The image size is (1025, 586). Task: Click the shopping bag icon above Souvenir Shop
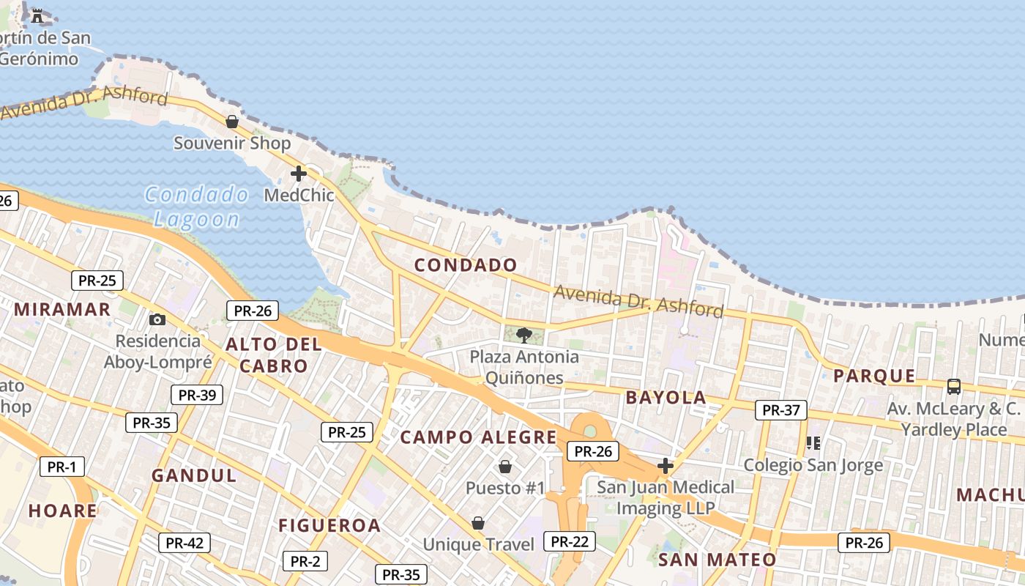(x=232, y=122)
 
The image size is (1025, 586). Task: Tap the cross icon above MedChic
(x=298, y=174)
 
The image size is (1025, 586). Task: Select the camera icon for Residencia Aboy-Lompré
(x=157, y=319)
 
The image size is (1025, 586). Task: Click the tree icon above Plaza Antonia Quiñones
(x=523, y=335)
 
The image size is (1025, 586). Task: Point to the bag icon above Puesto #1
(x=505, y=467)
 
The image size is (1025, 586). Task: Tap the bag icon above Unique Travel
(x=478, y=523)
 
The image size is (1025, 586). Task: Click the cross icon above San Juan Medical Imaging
(x=665, y=465)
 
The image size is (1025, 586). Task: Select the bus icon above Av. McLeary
(x=953, y=386)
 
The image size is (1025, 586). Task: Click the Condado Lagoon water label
(x=196, y=207)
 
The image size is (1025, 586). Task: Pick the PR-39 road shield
(x=197, y=395)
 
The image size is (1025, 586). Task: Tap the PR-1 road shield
(x=62, y=467)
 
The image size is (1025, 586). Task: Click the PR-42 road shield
(x=184, y=543)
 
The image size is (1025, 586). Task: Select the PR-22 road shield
(x=570, y=541)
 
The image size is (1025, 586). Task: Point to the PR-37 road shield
(x=781, y=410)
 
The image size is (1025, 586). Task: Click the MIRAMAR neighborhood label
(x=62, y=309)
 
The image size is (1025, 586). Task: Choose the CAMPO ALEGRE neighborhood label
(x=479, y=438)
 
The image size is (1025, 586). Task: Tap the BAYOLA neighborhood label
(x=666, y=398)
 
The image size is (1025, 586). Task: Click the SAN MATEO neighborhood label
(x=717, y=560)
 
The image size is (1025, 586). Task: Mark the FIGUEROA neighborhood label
(x=329, y=525)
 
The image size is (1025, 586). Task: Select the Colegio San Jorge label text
(x=813, y=465)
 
